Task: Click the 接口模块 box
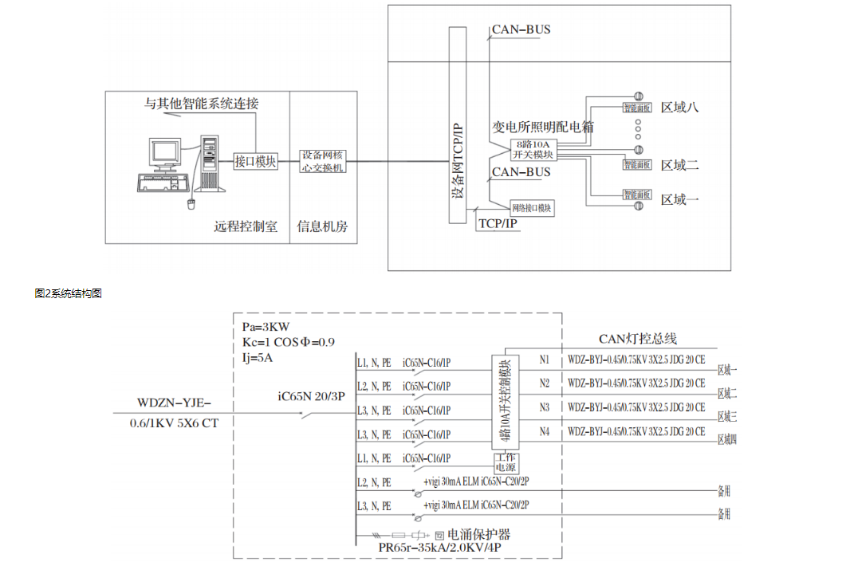255,161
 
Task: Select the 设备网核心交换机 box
323,161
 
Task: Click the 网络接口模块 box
532,208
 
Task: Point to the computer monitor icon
166,154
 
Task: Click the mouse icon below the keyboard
191,205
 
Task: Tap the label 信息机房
322,226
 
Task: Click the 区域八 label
679,107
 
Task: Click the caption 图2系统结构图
68,293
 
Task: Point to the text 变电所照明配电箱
542,127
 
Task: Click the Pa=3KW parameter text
267,328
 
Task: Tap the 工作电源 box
506,462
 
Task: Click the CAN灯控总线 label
638,339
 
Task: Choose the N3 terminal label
545,407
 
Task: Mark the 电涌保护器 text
478,534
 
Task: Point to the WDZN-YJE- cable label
173,402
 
